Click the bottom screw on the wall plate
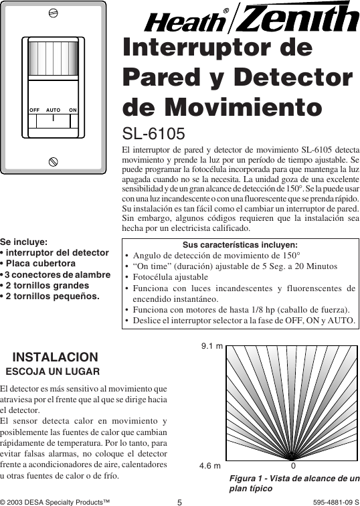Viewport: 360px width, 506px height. (53, 161)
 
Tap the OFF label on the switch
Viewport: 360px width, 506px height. (35, 108)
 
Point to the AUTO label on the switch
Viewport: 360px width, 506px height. (54, 108)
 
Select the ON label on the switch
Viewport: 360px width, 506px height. (72, 108)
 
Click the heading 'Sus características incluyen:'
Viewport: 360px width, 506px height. (240, 245)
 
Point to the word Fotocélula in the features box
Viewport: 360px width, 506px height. (157, 276)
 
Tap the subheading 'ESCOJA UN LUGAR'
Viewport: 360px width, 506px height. (53, 371)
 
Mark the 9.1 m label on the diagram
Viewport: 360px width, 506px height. (211, 347)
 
